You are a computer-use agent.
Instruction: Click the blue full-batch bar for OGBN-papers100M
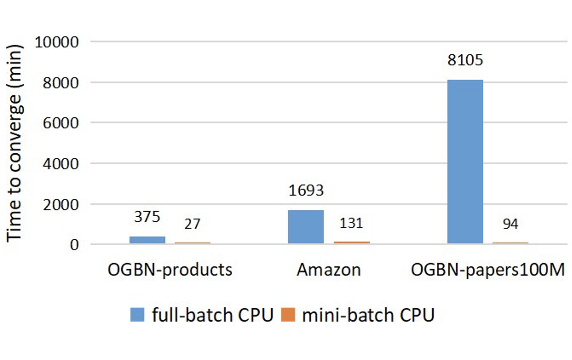click(x=465, y=162)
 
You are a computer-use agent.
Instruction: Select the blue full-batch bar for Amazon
click(x=306, y=227)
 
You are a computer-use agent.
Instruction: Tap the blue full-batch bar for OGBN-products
click(x=147, y=240)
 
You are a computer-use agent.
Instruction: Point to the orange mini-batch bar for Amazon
click(x=352, y=243)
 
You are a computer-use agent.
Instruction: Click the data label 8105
click(x=465, y=60)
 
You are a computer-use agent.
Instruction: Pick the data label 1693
click(x=306, y=190)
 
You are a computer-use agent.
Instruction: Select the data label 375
click(x=147, y=217)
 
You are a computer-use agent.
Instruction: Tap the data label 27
click(x=192, y=224)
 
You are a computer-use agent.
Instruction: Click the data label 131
click(x=351, y=223)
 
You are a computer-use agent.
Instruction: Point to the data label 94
click(x=510, y=224)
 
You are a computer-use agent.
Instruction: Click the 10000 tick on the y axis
click(x=56, y=42)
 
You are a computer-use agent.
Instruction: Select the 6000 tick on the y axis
click(x=61, y=123)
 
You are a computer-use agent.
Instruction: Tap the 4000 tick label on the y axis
click(x=61, y=164)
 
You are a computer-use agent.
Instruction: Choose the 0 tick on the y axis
click(x=74, y=245)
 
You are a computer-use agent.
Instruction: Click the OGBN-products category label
click(x=170, y=270)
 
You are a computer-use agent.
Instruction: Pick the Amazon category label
click(x=329, y=270)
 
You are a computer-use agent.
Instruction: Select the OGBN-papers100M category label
click(x=488, y=270)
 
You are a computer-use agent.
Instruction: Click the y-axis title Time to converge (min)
click(x=14, y=143)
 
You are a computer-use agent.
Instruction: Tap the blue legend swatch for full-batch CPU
click(x=137, y=315)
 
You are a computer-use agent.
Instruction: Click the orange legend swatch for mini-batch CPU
click(x=288, y=315)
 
